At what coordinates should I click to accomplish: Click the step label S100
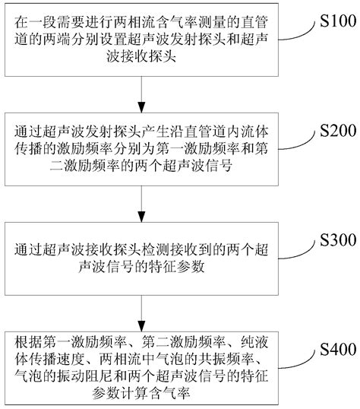pyautogui.click(x=332, y=17)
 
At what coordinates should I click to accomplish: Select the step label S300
pyautogui.click(x=332, y=241)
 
